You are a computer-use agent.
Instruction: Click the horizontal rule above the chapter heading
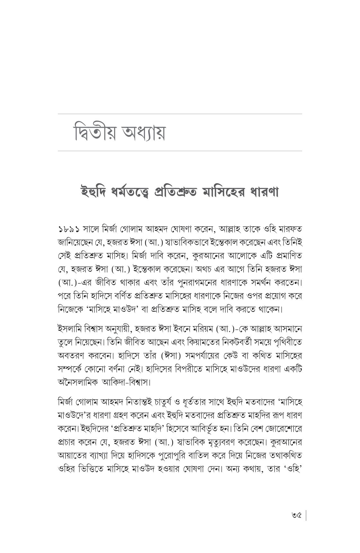[x=180, y=114]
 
